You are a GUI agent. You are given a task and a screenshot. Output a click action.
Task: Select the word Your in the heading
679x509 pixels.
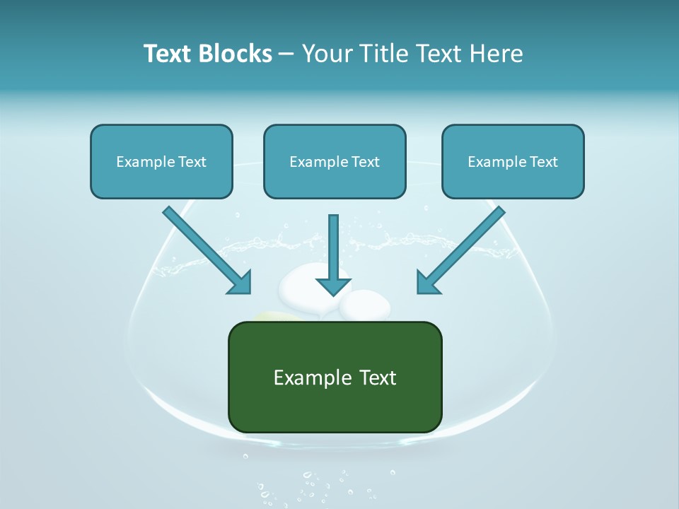[x=327, y=54]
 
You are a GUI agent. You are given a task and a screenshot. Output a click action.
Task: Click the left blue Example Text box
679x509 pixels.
[x=161, y=161]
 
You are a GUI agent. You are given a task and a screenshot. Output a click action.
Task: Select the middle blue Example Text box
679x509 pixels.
[x=335, y=161]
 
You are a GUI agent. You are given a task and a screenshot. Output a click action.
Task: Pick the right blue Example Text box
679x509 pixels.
[x=513, y=161]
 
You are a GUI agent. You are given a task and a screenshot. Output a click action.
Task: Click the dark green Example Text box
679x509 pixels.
[x=335, y=378]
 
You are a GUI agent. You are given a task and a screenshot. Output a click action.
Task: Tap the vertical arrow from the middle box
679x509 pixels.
[x=333, y=247]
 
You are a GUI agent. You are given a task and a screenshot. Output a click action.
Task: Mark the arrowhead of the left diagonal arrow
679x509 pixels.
[x=240, y=283]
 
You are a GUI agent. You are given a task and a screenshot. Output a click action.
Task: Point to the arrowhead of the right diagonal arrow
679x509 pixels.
[x=428, y=283]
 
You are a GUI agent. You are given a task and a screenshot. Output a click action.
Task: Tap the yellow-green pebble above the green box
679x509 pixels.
[x=276, y=317]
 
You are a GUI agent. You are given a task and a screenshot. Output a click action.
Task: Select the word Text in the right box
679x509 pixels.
[x=545, y=161]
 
